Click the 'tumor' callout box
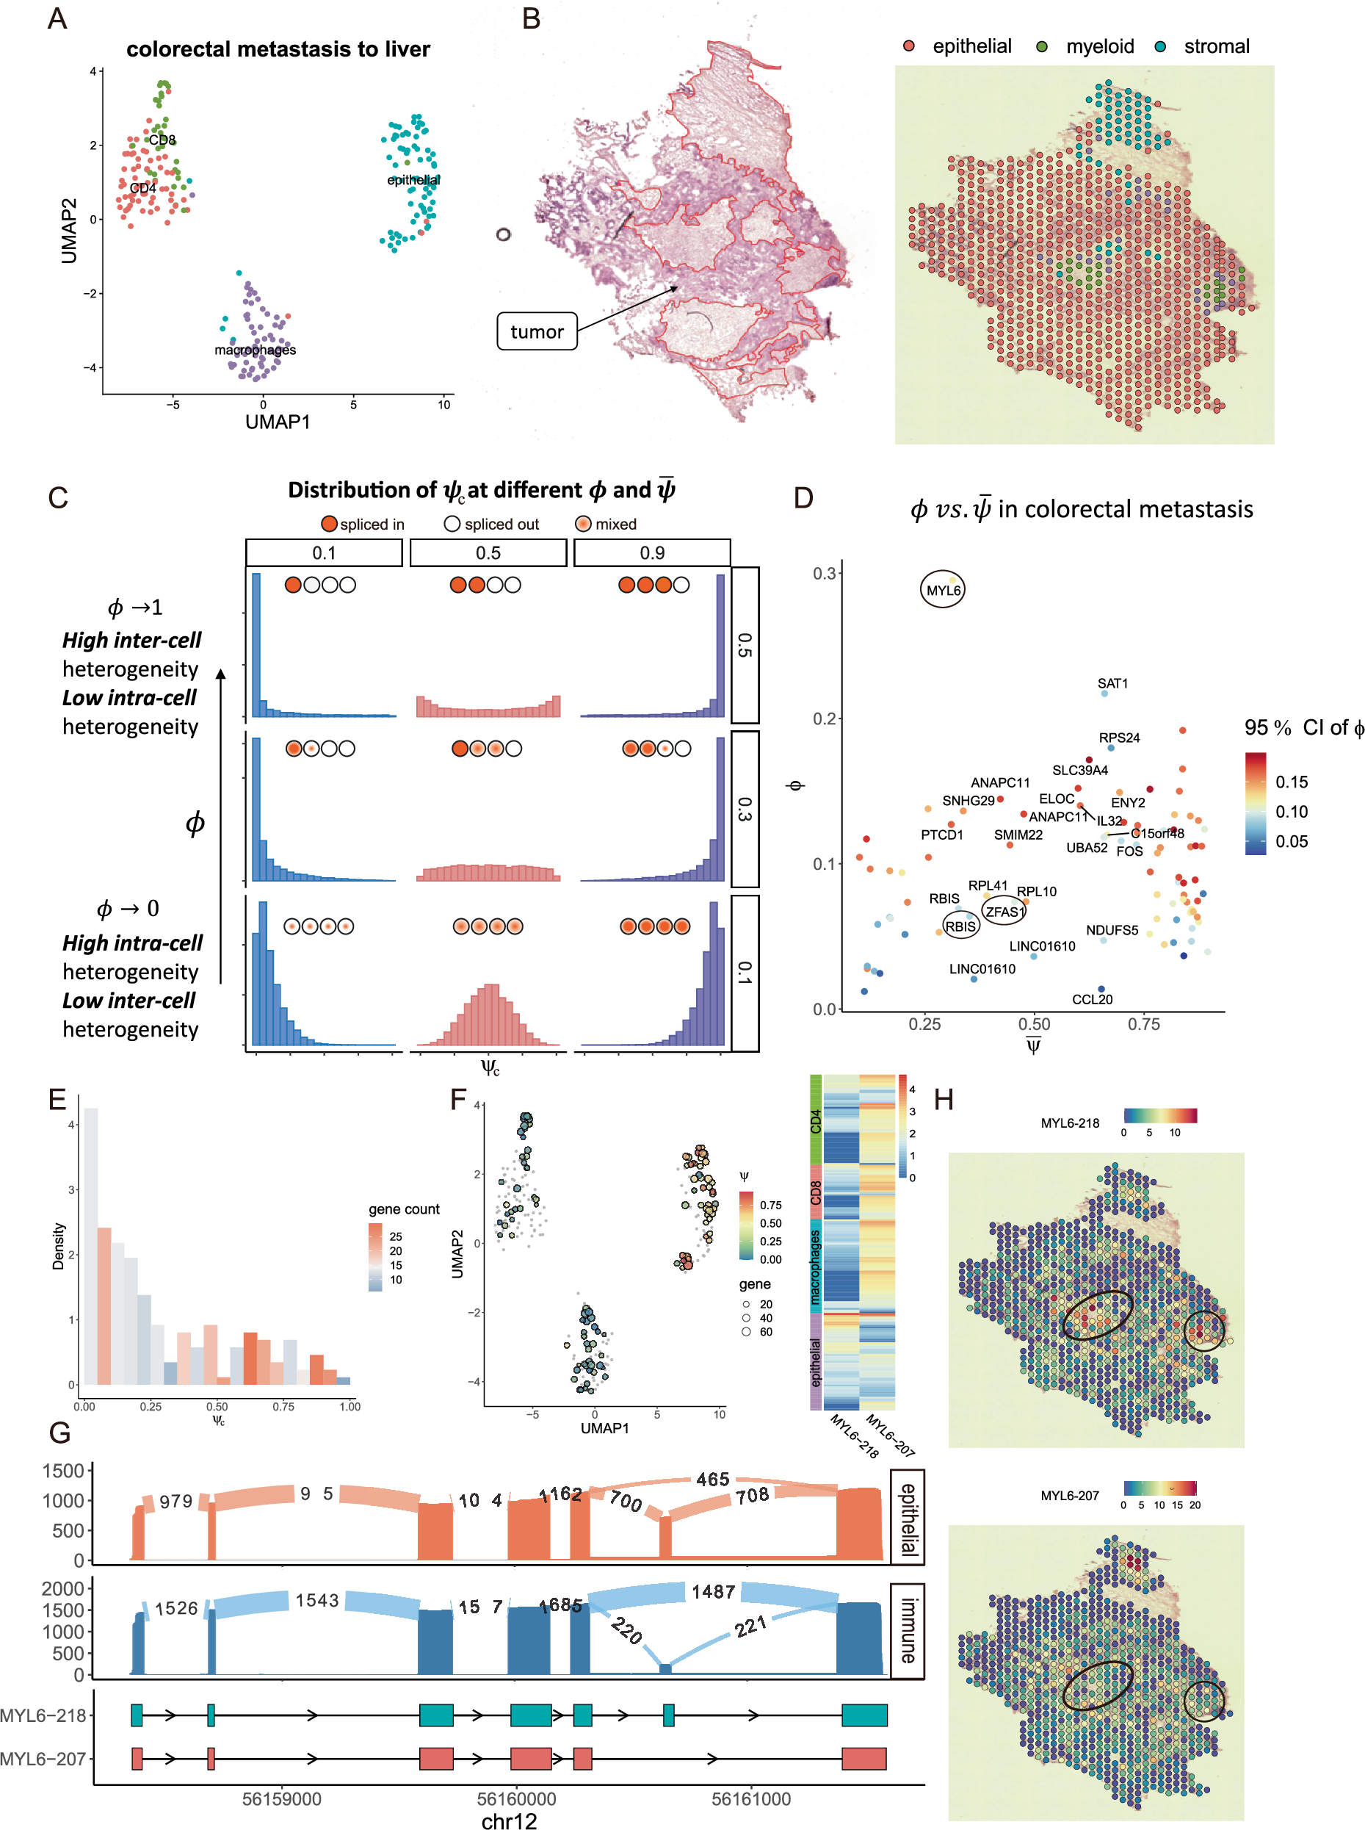click(x=536, y=331)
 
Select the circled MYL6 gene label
click(x=942, y=590)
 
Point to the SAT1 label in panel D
click(x=1112, y=683)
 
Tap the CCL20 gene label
click(x=1092, y=999)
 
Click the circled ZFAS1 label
click(x=1004, y=912)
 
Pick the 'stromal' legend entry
click(x=1215, y=46)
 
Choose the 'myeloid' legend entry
click(x=1099, y=46)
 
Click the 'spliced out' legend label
click(x=501, y=524)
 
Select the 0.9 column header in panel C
click(x=652, y=553)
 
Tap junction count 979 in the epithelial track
click(x=176, y=1501)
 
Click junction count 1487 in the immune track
click(x=713, y=1591)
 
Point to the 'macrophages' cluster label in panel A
click(x=255, y=350)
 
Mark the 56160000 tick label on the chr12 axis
click(x=516, y=1798)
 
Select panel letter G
click(x=59, y=1433)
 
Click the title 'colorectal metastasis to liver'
click(x=278, y=50)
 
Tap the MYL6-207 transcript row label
click(x=43, y=1758)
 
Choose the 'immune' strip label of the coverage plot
click(x=908, y=1630)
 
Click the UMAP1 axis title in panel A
click(x=278, y=422)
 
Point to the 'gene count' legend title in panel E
click(x=403, y=1209)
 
